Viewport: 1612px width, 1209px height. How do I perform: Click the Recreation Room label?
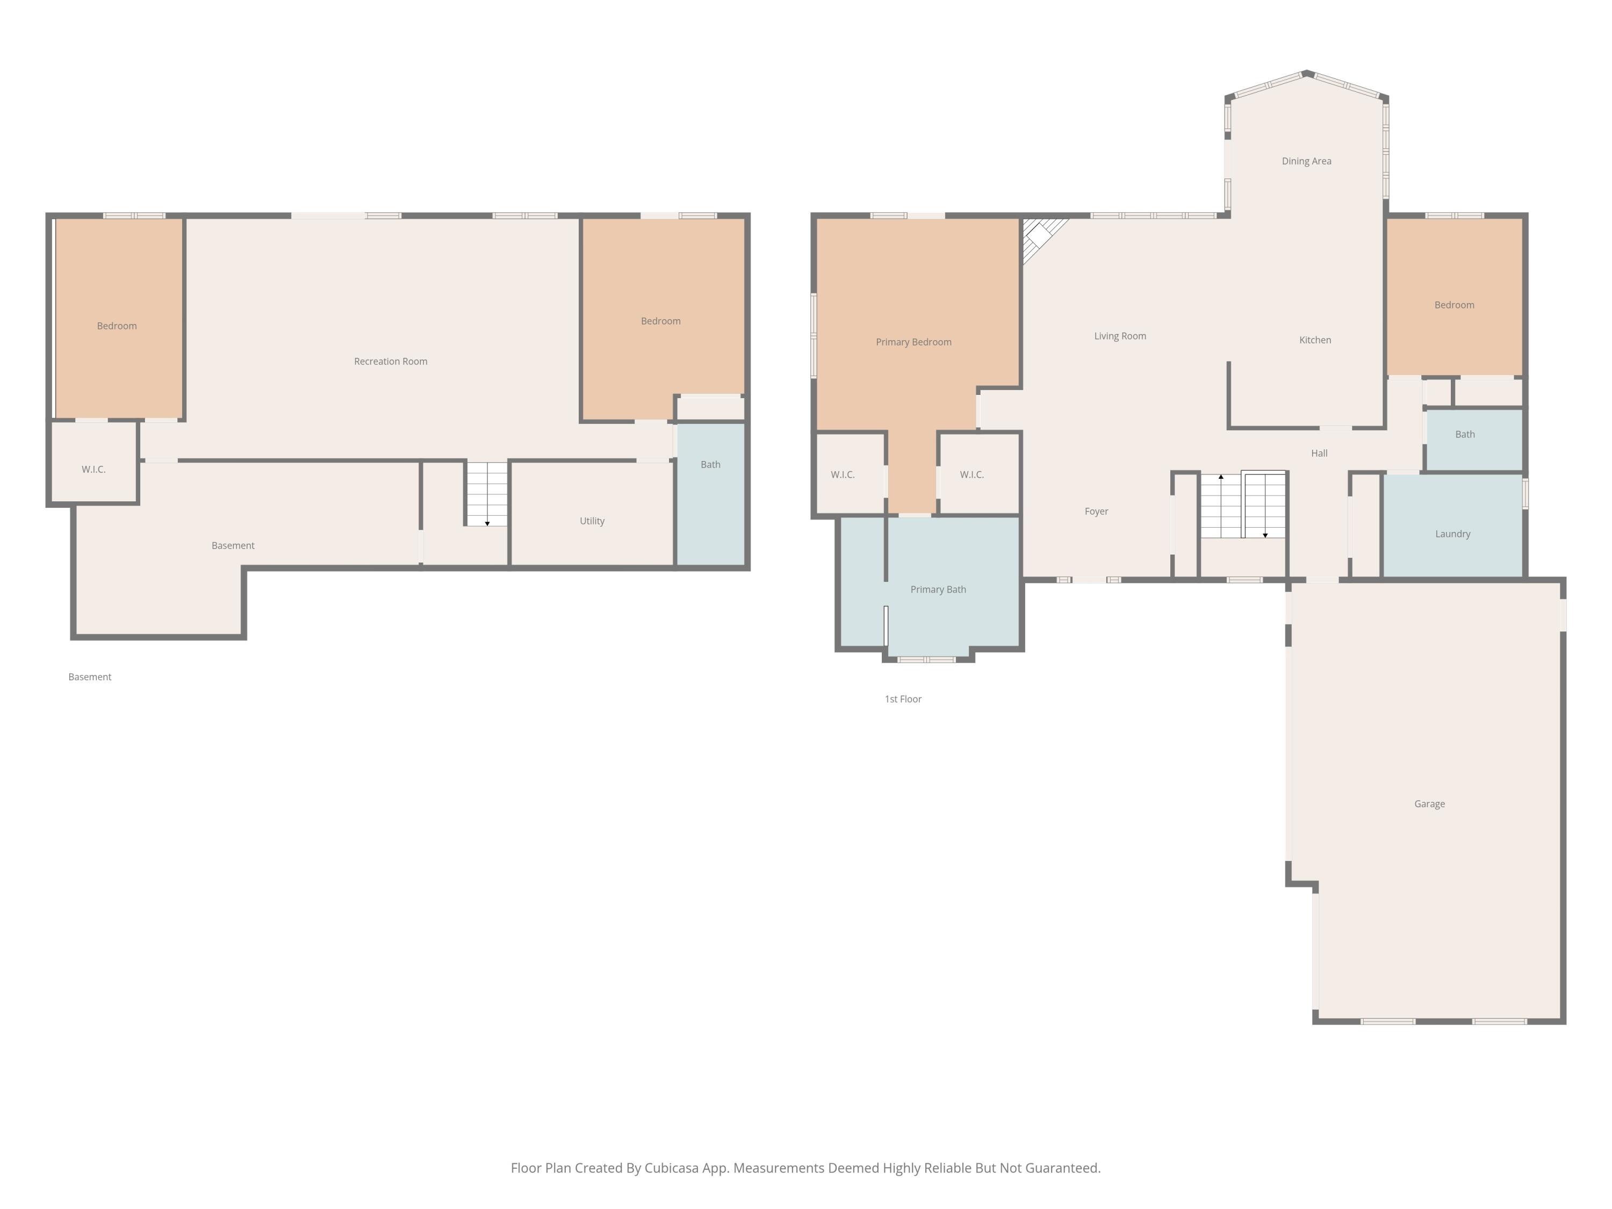pyautogui.click(x=391, y=362)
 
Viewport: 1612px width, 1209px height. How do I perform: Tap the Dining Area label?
pyautogui.click(x=1307, y=161)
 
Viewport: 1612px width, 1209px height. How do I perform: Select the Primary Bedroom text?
pyautogui.click(x=914, y=342)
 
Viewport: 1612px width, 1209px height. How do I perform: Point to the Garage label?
pyautogui.click(x=1430, y=804)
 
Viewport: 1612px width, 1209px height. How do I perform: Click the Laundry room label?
pyautogui.click(x=1453, y=534)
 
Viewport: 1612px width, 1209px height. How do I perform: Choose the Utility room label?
pyautogui.click(x=592, y=521)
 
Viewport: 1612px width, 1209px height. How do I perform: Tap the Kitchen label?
pyautogui.click(x=1315, y=340)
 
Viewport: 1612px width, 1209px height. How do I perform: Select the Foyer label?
pyautogui.click(x=1097, y=512)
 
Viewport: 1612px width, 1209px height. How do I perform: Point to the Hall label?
pyautogui.click(x=1320, y=454)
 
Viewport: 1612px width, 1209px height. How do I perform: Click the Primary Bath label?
pyautogui.click(x=939, y=589)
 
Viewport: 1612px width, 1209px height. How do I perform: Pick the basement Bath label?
pyautogui.click(x=710, y=465)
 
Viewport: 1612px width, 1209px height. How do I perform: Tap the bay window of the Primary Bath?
pyautogui.click(x=926, y=659)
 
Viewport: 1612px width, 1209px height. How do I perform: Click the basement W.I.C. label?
pyautogui.click(x=93, y=469)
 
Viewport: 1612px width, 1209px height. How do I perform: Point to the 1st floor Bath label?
pyautogui.click(x=1465, y=434)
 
